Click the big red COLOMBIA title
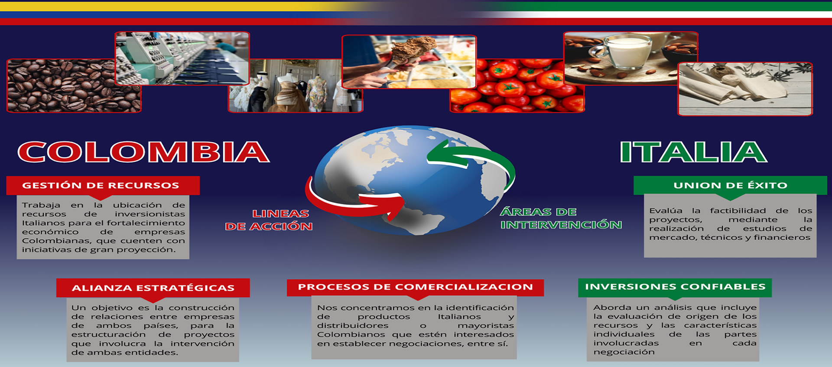(x=143, y=152)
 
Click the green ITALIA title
(x=694, y=152)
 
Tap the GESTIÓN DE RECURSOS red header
(x=103, y=185)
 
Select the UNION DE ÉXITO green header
(x=730, y=185)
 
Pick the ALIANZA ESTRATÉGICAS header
(x=153, y=288)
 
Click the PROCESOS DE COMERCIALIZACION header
(x=415, y=287)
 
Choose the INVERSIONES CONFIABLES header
(x=675, y=287)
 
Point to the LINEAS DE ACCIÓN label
(x=269, y=220)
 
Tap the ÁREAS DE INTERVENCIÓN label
(x=561, y=218)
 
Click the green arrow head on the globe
(x=438, y=154)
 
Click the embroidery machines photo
(x=182, y=58)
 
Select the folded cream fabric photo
(x=745, y=89)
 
